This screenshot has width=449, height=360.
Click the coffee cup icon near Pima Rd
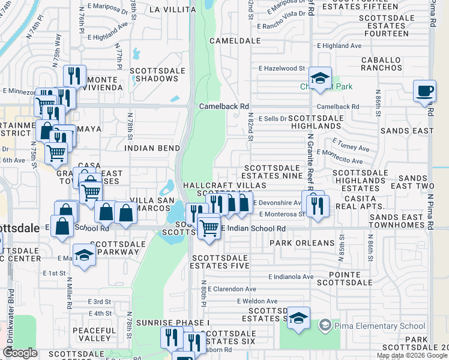point(425,92)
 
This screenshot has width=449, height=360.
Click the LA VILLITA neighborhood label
point(172,10)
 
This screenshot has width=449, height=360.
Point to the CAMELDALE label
point(235,41)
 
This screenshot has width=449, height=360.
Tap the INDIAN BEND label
point(148,148)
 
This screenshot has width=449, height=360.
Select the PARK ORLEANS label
point(301,243)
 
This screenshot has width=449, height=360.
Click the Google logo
point(20,353)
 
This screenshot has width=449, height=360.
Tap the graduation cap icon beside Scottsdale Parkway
point(84,254)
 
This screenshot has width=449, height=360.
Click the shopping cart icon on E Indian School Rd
point(208,227)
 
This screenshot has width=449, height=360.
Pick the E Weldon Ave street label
point(257,301)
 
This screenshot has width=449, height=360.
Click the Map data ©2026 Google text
point(412,355)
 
